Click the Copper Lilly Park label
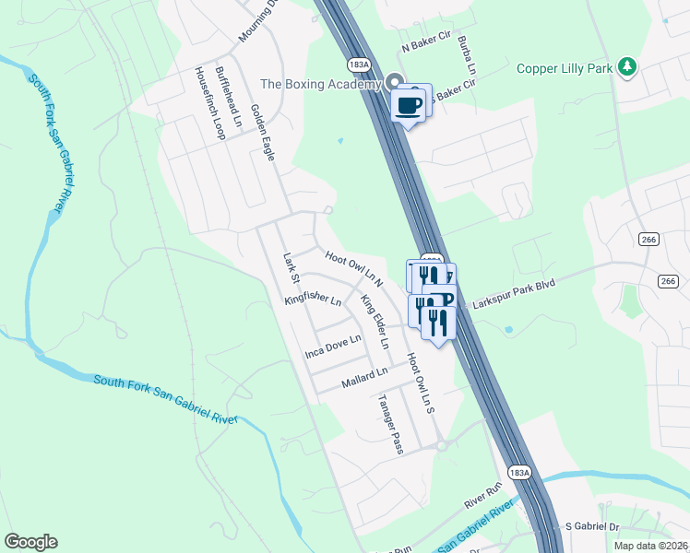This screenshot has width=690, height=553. click(x=565, y=67)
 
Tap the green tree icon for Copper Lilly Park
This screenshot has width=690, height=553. click(x=627, y=66)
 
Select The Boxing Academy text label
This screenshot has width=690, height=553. click(x=320, y=84)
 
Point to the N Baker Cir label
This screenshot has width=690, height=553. click(x=424, y=43)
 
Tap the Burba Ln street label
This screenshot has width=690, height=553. click(x=470, y=58)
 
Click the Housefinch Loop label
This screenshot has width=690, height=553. click(x=208, y=102)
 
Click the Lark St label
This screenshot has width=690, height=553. click(x=292, y=267)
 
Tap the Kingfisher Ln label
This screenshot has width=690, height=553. click(x=313, y=300)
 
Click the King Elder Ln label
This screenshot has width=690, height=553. click(x=375, y=321)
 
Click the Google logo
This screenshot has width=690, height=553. click(x=30, y=542)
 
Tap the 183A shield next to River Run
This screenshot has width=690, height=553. click(x=519, y=472)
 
